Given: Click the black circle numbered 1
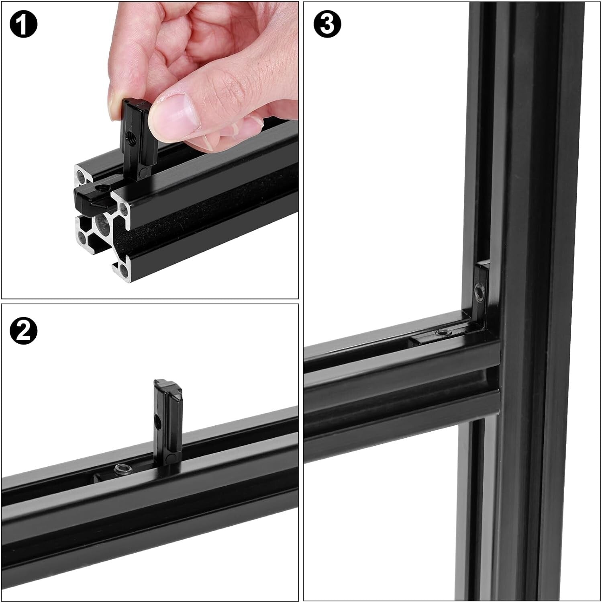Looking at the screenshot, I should [23, 24].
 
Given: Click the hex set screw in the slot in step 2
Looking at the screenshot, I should [119, 468].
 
